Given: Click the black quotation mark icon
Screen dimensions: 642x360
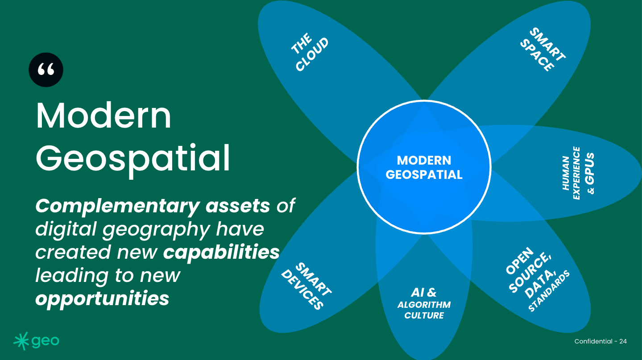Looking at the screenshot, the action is [46, 70].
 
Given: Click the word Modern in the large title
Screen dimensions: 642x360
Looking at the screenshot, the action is [104, 116].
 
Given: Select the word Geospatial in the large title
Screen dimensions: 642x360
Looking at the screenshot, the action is [133, 158].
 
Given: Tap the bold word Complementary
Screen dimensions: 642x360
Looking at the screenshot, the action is [117, 206].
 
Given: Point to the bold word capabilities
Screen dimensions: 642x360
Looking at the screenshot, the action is [221, 252].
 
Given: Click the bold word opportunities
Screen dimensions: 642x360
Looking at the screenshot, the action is [102, 298].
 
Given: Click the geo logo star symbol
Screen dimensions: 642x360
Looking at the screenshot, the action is [21, 341].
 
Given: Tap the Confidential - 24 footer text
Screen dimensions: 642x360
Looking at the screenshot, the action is [601, 341].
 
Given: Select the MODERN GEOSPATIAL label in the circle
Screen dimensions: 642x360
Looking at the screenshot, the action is [424, 167].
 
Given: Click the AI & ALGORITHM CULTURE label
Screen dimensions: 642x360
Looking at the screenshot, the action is [424, 304].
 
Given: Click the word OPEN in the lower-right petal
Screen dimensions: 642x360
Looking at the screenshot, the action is [519, 261].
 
